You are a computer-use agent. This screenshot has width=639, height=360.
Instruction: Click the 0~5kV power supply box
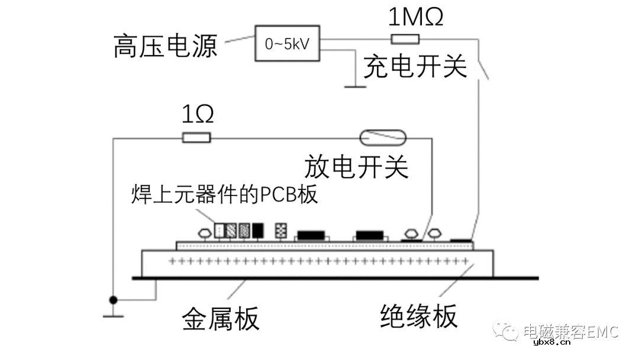tap(287, 43)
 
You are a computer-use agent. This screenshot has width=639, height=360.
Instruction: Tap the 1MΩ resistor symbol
tap(405, 40)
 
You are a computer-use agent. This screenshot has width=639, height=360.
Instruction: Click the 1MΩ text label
tap(415, 18)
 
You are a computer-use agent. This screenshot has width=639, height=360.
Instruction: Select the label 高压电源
tap(166, 46)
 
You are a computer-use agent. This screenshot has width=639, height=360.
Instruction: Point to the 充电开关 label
tap(415, 67)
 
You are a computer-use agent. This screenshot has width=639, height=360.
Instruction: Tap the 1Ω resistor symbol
tap(196, 138)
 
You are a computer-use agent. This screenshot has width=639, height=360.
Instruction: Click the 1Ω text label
tap(197, 115)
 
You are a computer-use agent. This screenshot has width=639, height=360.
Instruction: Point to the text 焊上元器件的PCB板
tap(224, 195)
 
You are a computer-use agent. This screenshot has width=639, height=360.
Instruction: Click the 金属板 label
tap(220, 319)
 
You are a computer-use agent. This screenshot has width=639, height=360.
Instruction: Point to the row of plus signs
tap(319, 261)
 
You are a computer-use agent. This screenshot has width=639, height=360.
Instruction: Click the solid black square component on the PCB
tap(259, 230)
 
